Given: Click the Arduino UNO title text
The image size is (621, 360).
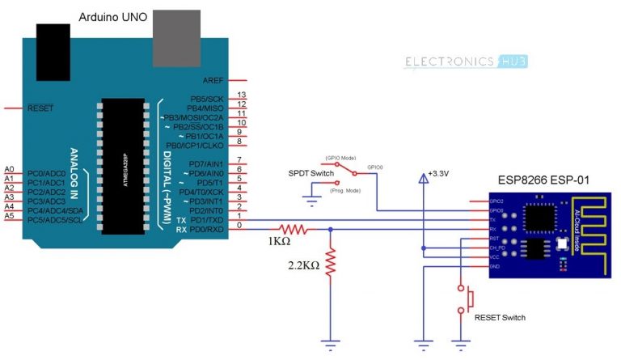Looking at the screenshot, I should (112, 17).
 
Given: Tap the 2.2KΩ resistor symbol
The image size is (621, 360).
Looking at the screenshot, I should (330, 262).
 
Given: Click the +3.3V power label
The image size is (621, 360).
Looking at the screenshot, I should (438, 174).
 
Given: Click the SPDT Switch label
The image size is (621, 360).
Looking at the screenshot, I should (310, 173).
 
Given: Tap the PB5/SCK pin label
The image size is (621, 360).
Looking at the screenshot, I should (207, 96).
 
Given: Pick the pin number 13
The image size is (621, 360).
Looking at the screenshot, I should (241, 95).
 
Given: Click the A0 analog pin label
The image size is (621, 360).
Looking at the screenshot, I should (9, 168).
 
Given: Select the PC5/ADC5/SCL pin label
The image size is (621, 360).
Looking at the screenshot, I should (54, 219).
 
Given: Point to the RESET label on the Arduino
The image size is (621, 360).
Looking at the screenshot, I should (41, 107).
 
